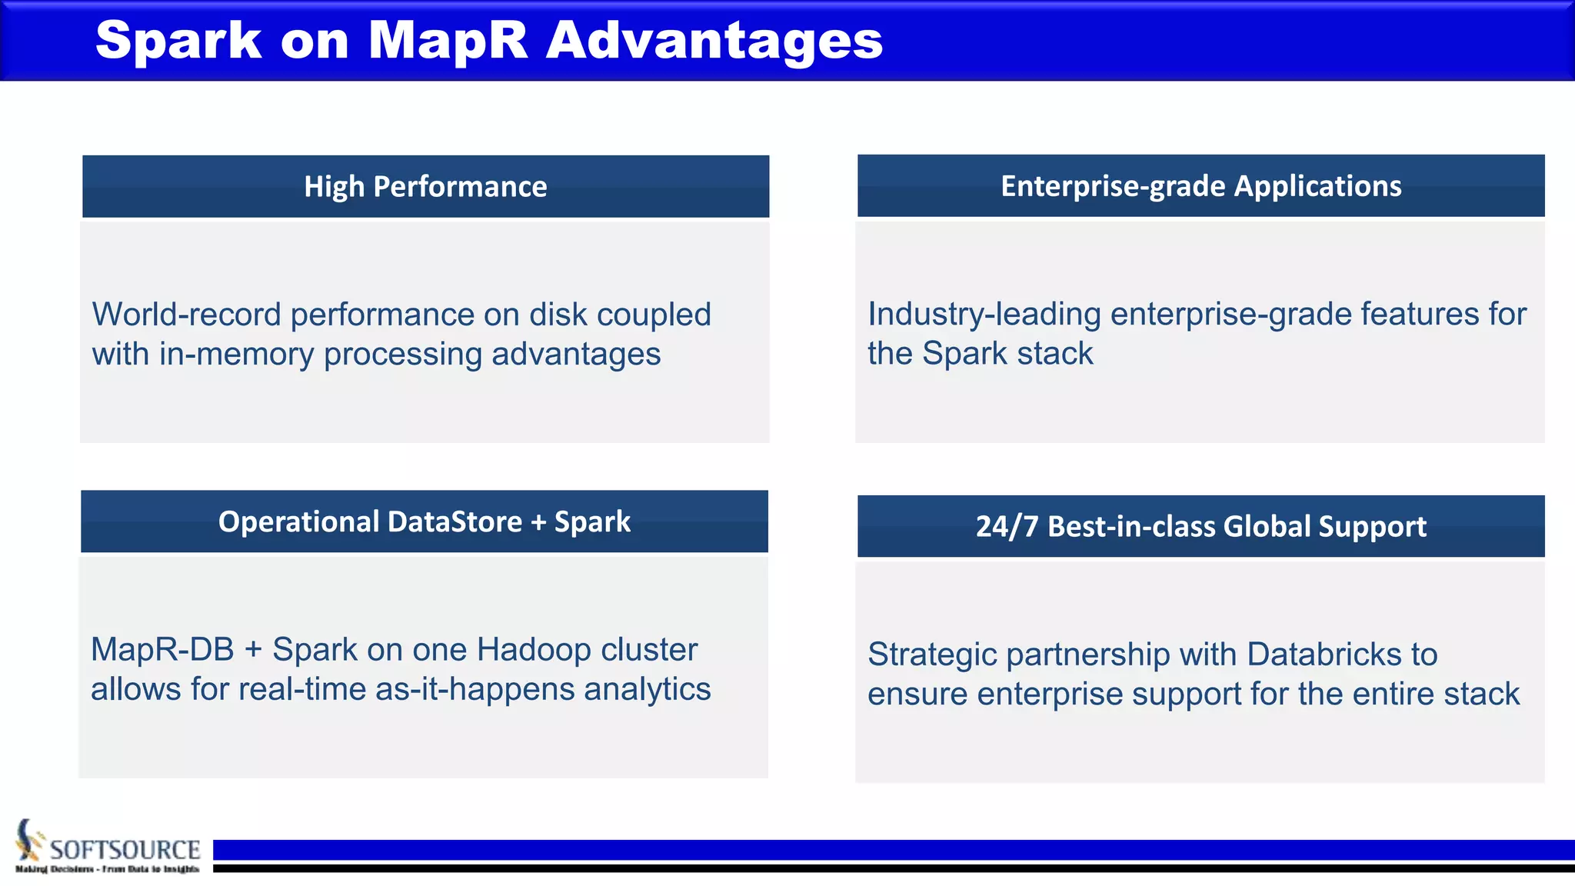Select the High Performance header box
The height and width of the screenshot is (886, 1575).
pos(425,186)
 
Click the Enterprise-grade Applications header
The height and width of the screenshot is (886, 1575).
pos(1200,185)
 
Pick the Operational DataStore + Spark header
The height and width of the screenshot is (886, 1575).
pos(424,521)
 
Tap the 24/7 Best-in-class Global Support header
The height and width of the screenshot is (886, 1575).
pos(1200,526)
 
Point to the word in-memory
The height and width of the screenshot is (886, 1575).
pos(237,354)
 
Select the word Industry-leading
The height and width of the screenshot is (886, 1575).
pos(984,314)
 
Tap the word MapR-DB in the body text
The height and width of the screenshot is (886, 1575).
pos(162,649)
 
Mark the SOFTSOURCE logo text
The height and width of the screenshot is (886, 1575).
pos(125,849)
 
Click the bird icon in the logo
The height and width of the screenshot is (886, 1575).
pos(29,840)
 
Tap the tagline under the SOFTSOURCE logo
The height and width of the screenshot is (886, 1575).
pos(107,869)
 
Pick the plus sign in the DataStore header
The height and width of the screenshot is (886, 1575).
pos(538,521)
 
